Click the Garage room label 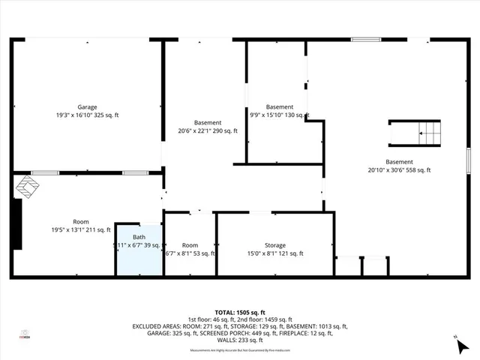tap(87, 107)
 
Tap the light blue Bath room tap(138, 250)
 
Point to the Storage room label tap(274, 245)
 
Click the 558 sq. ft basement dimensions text tap(399, 170)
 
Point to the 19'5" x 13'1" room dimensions tap(80, 230)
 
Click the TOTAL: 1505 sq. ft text tap(240, 312)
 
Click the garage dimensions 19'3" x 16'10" tap(87, 115)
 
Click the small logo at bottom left tap(24, 334)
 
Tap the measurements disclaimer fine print tap(240, 350)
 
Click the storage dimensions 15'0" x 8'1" tap(274, 253)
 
